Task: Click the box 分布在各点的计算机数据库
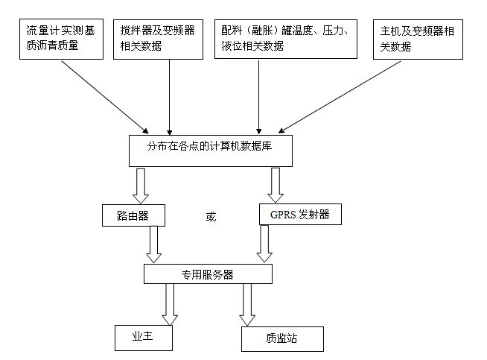pos(211,149)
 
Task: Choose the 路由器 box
pos(133,215)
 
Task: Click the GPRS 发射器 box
pos(300,215)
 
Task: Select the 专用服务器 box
pos(208,274)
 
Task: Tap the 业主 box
pos(144,337)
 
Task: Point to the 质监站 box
pos(283,338)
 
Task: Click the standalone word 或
pos(211,217)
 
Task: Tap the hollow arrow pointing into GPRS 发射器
pos(275,185)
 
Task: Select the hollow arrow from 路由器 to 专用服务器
pos(155,244)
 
